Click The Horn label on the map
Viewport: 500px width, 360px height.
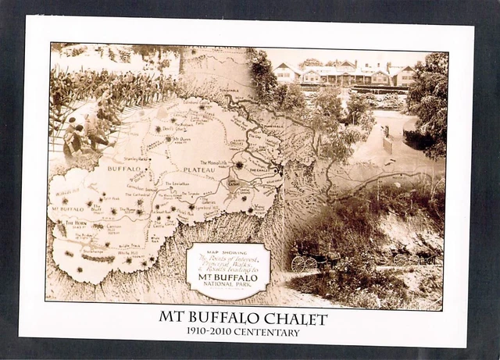pyautogui.click(x=76, y=223)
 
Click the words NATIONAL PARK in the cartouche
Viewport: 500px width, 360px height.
pyautogui.click(x=228, y=283)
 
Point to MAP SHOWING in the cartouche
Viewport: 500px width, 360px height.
pyautogui.click(x=228, y=251)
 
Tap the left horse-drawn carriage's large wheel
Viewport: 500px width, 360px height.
pyautogui.click(x=298, y=264)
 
